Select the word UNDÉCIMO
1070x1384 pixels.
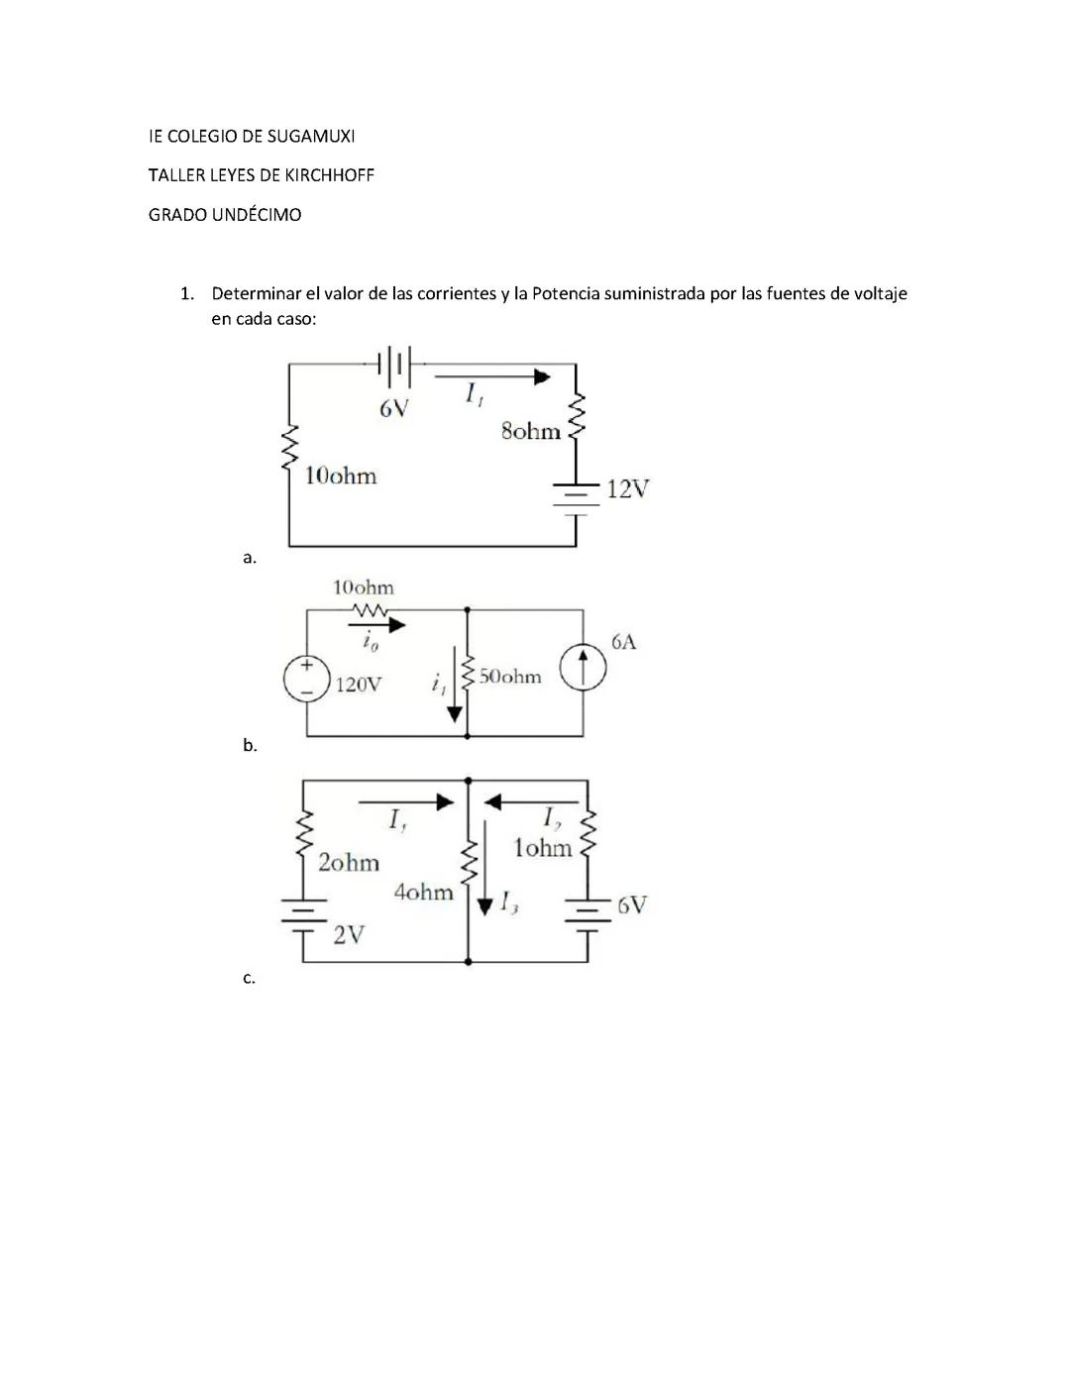pyautogui.click(x=256, y=215)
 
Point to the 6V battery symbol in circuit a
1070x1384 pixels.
pyautogui.click(x=394, y=366)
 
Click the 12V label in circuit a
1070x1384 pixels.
pyautogui.click(x=627, y=488)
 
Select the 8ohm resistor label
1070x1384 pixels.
pyautogui.click(x=530, y=431)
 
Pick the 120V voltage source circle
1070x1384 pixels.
pyautogui.click(x=307, y=680)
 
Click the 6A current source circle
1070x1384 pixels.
pyautogui.click(x=583, y=668)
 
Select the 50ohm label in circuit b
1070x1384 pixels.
pyautogui.click(x=511, y=677)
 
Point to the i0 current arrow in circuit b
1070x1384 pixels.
pyautogui.click(x=376, y=625)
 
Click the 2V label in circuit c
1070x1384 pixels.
pyautogui.click(x=348, y=934)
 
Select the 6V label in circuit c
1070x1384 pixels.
pyautogui.click(x=631, y=905)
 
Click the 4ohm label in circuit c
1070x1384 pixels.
pyautogui.click(x=423, y=892)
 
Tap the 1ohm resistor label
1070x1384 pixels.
pyautogui.click(x=542, y=848)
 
